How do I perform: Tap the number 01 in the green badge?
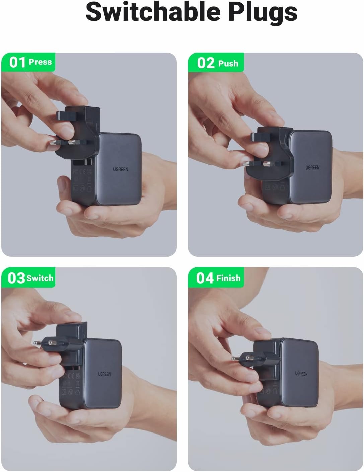point(17,62)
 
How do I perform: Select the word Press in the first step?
point(40,62)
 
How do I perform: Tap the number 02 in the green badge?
point(206,63)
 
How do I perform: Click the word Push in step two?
point(228,63)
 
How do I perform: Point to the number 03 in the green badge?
point(16,278)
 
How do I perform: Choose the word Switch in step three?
point(40,278)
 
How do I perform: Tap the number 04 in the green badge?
point(205,278)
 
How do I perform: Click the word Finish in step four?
point(228,278)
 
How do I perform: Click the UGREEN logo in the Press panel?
point(121,169)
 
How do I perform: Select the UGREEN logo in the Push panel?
point(312,167)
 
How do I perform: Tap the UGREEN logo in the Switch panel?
point(104,374)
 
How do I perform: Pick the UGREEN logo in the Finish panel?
point(301,373)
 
